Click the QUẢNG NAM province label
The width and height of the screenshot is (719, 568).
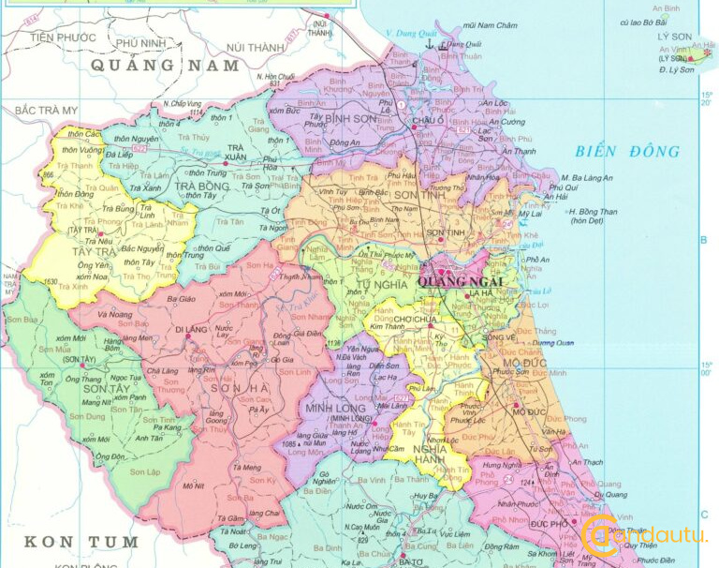(165, 66)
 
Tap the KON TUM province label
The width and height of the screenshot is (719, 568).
(81, 542)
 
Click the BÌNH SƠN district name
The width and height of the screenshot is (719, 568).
(351, 120)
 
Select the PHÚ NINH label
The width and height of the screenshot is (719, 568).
(140, 42)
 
